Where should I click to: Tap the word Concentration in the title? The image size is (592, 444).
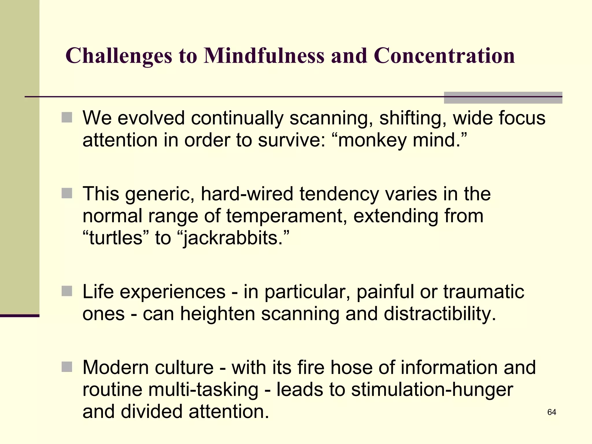click(x=444, y=55)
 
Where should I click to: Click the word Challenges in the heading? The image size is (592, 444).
click(x=119, y=56)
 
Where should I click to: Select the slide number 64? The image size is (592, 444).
click(x=552, y=412)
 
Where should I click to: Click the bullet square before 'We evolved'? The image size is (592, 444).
click(x=67, y=117)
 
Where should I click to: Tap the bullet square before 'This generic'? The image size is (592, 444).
click(x=67, y=193)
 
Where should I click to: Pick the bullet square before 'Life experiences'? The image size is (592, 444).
click(x=67, y=291)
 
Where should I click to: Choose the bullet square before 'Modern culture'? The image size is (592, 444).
click(x=67, y=367)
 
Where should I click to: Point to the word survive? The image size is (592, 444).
click(x=292, y=140)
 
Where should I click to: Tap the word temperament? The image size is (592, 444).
click(x=286, y=216)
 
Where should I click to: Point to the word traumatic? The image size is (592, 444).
click(x=484, y=292)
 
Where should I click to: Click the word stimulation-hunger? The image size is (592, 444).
click(x=432, y=390)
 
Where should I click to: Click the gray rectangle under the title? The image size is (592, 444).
click(x=503, y=98)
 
